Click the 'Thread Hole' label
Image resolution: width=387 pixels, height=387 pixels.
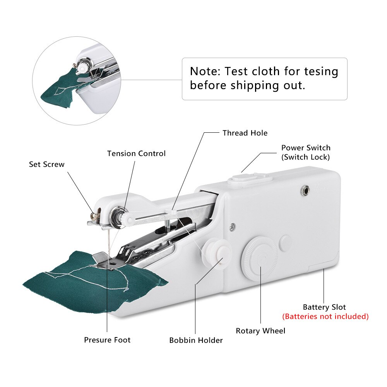(245, 133)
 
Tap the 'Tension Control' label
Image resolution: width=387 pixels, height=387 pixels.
(136, 154)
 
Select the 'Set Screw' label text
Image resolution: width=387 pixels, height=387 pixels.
(47, 164)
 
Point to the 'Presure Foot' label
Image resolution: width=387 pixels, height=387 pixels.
(107, 340)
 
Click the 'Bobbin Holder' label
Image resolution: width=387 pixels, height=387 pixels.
(196, 341)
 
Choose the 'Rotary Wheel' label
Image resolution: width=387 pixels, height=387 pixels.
(260, 331)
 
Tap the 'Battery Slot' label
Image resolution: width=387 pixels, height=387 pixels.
(324, 307)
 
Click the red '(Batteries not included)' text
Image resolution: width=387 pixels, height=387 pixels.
(325, 317)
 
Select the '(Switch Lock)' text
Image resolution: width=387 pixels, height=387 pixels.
(306, 157)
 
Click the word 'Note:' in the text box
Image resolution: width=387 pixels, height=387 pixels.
(205, 72)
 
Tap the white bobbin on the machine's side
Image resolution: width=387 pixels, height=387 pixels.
(214, 253)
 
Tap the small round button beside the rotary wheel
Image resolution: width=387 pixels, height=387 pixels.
(286, 242)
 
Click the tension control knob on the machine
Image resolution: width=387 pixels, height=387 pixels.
(116, 216)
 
